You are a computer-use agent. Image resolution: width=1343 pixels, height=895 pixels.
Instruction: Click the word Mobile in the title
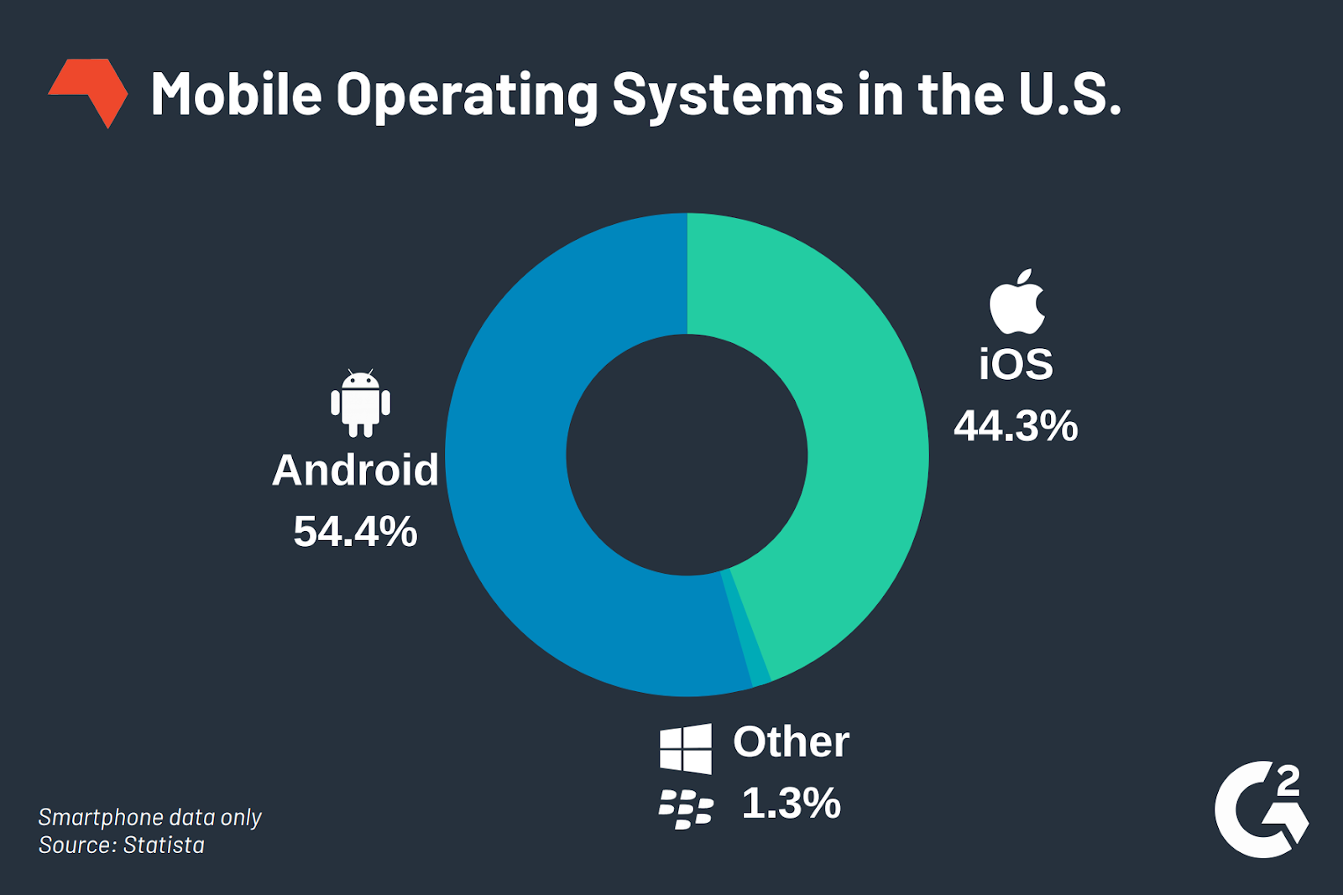(x=236, y=94)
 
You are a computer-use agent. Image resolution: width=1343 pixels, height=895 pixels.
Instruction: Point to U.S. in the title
(x=1069, y=94)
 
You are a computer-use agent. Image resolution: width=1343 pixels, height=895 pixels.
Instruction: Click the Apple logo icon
(x=1016, y=303)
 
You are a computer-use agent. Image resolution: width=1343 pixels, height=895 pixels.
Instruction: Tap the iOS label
(x=1016, y=365)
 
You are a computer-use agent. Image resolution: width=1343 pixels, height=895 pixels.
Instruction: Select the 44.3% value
(x=1016, y=426)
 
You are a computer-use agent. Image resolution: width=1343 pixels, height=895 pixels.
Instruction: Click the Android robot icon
(x=360, y=403)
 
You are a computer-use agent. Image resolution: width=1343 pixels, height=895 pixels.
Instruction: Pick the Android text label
(x=355, y=471)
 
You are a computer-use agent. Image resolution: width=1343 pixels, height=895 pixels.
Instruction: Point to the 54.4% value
(x=355, y=532)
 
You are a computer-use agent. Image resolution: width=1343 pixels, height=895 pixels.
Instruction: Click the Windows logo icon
(x=685, y=748)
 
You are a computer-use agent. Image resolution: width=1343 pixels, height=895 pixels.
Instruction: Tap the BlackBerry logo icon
(x=685, y=809)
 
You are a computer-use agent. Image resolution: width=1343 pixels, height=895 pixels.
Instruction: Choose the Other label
(x=791, y=742)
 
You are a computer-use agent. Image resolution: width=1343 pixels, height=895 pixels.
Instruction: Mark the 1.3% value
(x=791, y=804)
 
